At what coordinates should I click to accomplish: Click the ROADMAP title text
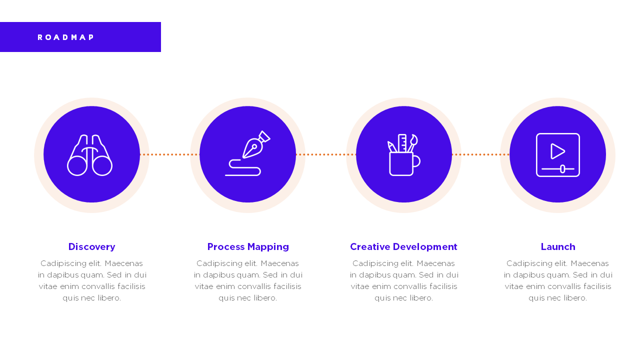[65, 37]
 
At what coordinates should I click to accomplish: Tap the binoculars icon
[89, 155]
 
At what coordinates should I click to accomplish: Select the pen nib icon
[247, 153]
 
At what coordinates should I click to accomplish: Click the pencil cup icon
[403, 154]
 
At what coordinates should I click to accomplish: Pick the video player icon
[557, 155]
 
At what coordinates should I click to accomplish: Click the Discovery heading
[91, 247]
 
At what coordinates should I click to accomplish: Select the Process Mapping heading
[248, 247]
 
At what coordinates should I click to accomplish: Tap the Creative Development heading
[403, 247]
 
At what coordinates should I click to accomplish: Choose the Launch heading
[558, 247]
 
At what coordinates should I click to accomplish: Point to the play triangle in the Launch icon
[556, 151]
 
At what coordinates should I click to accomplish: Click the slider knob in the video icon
[562, 169]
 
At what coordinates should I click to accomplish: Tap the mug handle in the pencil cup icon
[416, 161]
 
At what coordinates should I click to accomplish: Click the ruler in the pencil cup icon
[402, 143]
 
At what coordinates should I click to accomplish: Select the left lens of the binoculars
[77, 166]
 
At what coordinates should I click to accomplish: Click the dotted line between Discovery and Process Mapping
[169, 154]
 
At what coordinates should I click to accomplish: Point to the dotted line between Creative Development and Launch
[480, 154]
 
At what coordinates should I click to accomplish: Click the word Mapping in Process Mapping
[268, 247]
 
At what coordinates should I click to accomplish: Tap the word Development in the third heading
[425, 247]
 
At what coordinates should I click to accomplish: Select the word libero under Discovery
[109, 298]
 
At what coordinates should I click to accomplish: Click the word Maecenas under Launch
[589, 263]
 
